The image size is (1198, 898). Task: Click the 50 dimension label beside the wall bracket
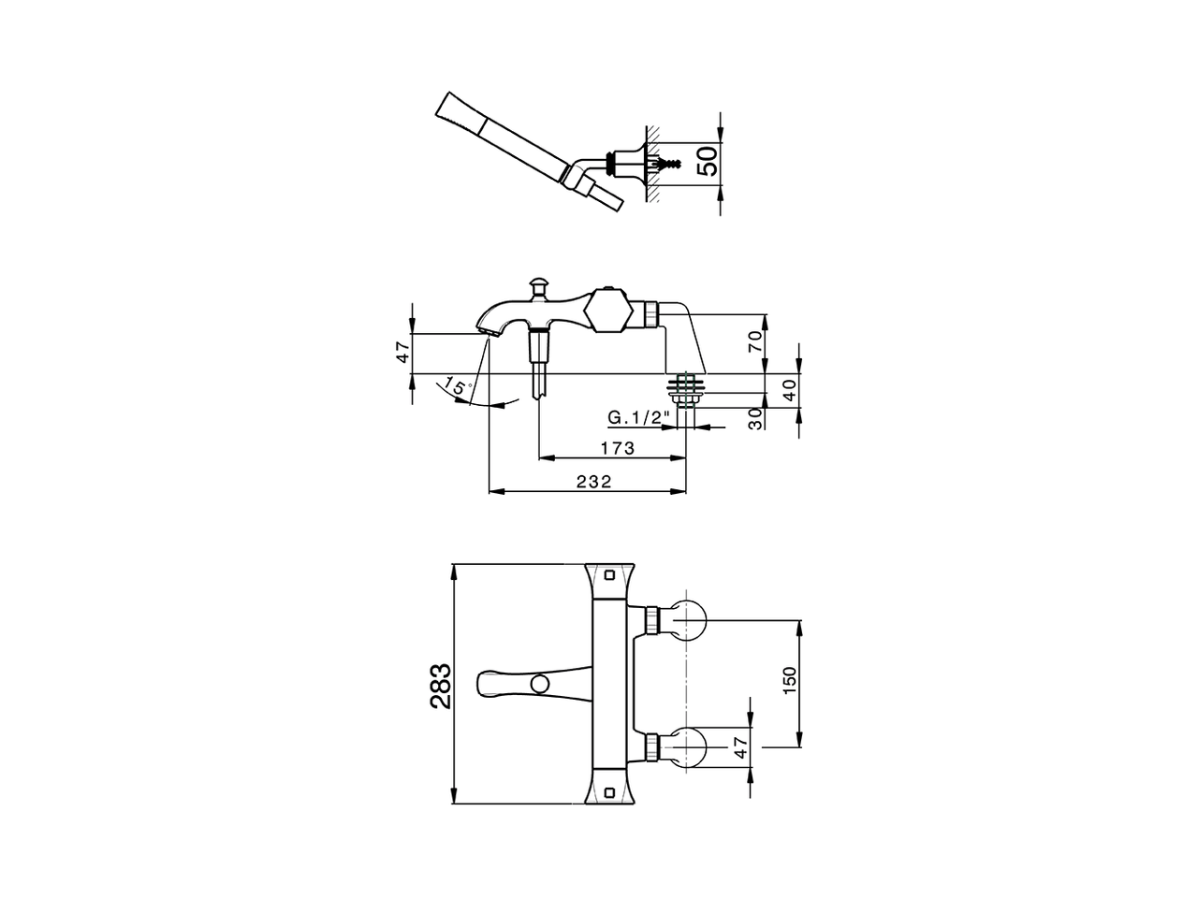pyautogui.click(x=709, y=160)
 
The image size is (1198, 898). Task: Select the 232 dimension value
pyautogui.click(x=593, y=482)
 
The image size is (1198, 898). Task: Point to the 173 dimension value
pyautogui.click(x=617, y=449)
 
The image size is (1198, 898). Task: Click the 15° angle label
pyautogui.click(x=456, y=385)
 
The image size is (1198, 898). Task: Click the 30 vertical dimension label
pyautogui.click(x=756, y=417)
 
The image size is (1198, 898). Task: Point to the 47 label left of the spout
pyautogui.click(x=402, y=353)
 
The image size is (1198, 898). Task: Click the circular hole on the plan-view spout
pyautogui.click(x=539, y=685)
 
